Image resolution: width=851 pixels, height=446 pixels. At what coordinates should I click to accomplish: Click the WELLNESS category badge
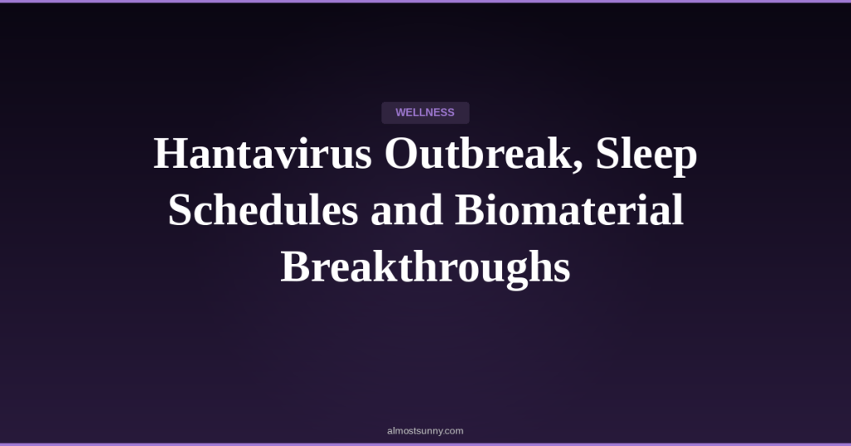(x=425, y=113)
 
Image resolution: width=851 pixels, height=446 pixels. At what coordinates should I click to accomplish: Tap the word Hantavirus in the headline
(x=263, y=154)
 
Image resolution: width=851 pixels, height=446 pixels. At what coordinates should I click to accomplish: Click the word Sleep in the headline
(x=647, y=157)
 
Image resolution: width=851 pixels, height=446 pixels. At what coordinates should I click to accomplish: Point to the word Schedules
(x=263, y=210)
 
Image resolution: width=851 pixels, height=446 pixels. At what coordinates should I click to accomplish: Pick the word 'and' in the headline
(x=406, y=210)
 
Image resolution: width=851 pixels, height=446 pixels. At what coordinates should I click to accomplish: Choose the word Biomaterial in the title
(x=569, y=210)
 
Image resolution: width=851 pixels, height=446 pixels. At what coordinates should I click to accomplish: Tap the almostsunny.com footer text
(x=425, y=431)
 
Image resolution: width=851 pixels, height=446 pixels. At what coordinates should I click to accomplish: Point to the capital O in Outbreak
(x=402, y=154)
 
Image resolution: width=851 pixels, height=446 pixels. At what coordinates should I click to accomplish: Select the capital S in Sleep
(x=608, y=154)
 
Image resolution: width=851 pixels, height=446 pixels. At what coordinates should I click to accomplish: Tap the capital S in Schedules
(x=180, y=210)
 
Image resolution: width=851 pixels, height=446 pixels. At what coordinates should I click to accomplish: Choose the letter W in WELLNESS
(x=401, y=113)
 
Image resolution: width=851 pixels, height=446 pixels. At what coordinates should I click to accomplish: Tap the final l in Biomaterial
(x=677, y=210)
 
